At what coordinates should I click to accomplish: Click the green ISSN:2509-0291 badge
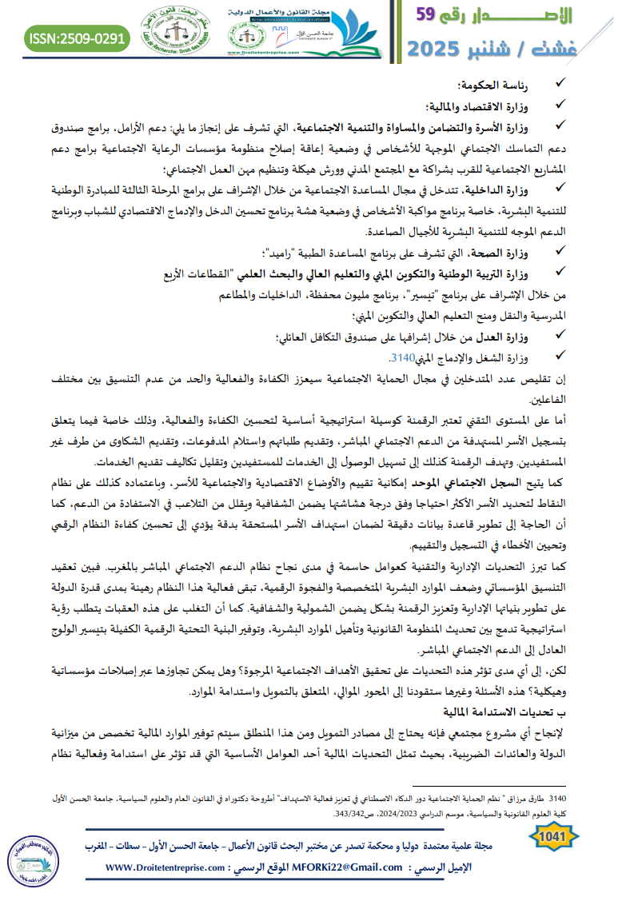pyautogui.click(x=77, y=38)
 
